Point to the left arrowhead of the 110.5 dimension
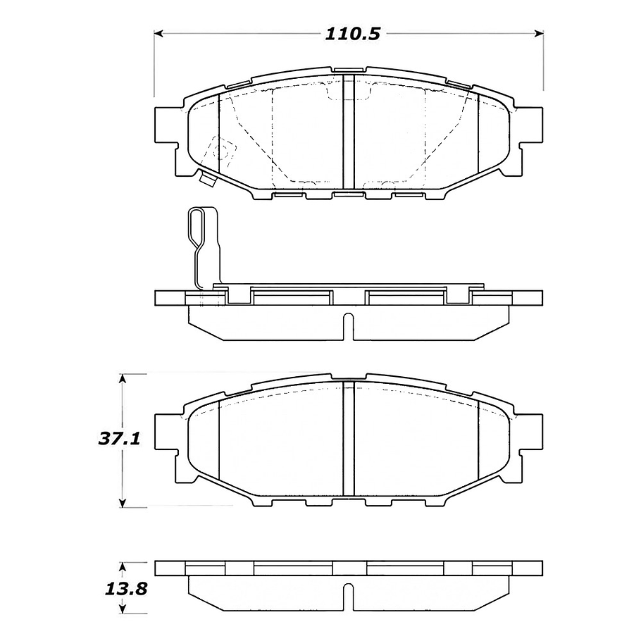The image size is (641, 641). tap(159, 33)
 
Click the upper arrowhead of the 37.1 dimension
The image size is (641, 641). tap(124, 378)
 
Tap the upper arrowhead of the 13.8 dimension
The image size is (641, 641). tap(124, 566)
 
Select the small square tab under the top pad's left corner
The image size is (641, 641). tap(207, 180)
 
